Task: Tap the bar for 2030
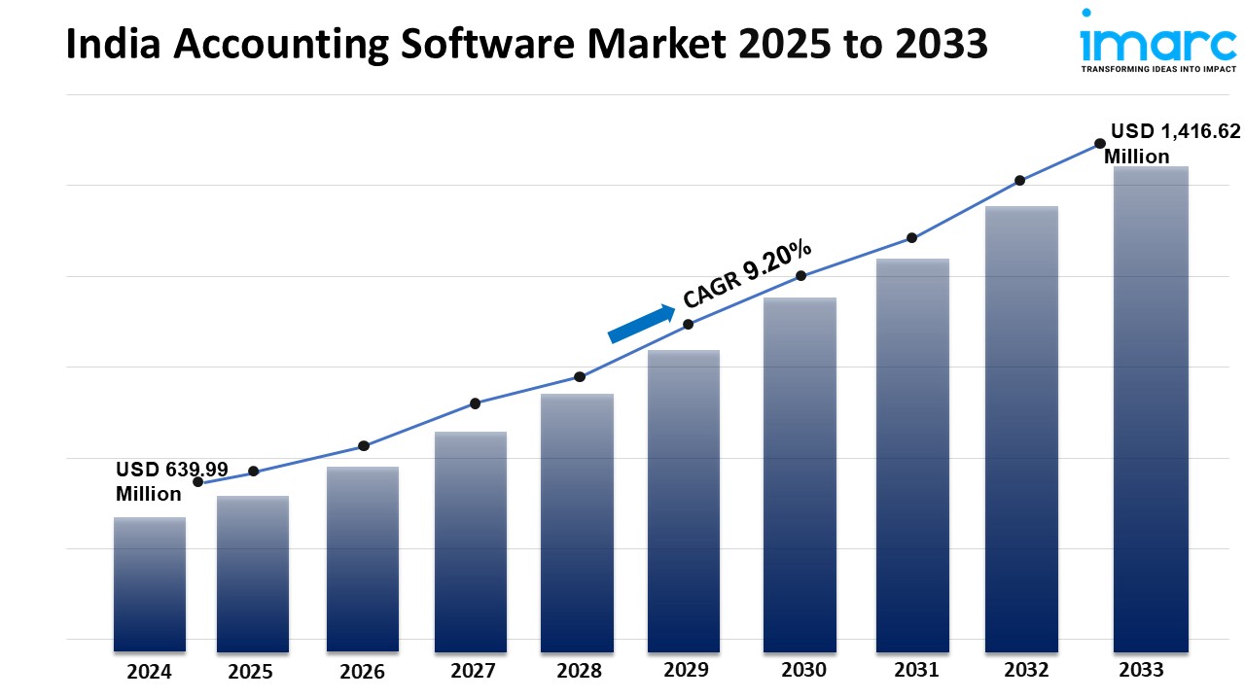800,473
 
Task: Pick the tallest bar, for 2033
1151,408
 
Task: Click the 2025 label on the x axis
251,671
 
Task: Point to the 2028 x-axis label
579,671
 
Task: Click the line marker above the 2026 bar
364,446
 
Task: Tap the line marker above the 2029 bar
688,325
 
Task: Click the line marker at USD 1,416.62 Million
1100,143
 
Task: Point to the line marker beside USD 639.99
198,482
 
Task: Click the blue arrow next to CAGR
641,324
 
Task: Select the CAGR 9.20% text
747,272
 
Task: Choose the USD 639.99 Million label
171,481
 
